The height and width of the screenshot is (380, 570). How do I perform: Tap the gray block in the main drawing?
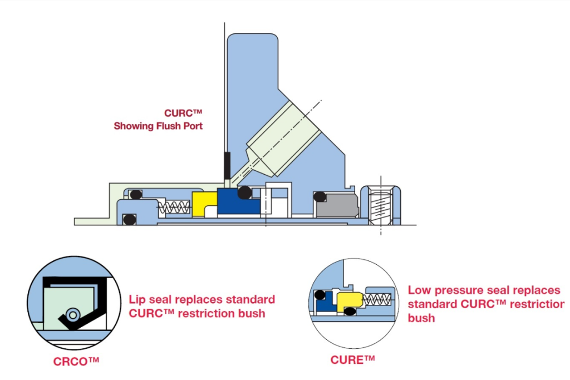336,205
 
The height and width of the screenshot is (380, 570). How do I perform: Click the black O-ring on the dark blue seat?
244,192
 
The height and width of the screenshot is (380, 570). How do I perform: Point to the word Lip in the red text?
137,299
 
